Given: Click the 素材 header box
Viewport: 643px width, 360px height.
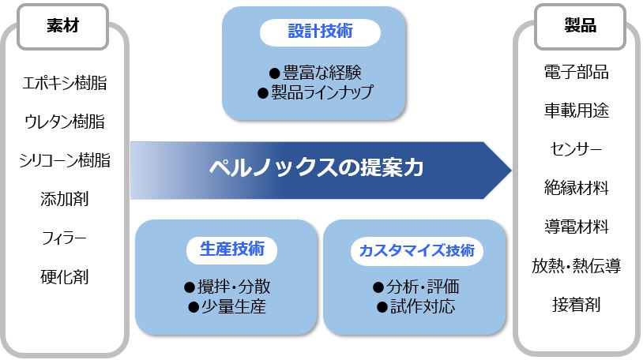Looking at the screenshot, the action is coord(62,27).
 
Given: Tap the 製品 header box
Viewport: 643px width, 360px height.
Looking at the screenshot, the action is coord(580,27).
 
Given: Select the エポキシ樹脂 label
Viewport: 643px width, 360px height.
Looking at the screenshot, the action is coord(65,83).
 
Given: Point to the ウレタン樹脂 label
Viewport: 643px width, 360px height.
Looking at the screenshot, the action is coord(65,122).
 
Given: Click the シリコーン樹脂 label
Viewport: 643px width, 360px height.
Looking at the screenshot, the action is coord(65,160).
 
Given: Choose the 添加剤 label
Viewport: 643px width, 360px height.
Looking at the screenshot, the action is coord(65,199).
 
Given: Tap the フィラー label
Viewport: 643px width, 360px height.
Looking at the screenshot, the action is coord(65,238).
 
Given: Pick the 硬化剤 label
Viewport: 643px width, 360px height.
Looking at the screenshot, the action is coord(65,277).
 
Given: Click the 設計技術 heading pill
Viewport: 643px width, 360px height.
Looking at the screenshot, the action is coord(320,32).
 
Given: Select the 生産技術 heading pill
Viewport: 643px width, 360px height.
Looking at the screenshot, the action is coord(231,249).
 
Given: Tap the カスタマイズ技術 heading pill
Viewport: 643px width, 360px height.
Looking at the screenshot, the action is coord(416,250).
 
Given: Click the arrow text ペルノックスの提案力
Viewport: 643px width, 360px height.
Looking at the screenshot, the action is coord(316,167).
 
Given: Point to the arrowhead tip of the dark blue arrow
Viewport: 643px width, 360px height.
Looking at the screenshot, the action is coord(511,171).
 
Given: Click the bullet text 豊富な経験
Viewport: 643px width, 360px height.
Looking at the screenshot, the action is coord(322,73).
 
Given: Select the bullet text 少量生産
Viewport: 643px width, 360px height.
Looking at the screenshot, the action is coord(233,306).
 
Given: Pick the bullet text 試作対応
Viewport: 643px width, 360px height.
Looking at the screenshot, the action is coord(423,306).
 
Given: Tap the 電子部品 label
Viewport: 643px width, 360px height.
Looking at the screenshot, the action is coord(576,72).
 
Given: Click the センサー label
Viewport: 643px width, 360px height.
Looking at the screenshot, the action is coord(576,149).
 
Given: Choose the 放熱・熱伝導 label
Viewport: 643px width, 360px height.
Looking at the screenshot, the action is coord(576,266).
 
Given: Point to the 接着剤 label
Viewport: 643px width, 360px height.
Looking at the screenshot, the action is coord(576,305).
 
